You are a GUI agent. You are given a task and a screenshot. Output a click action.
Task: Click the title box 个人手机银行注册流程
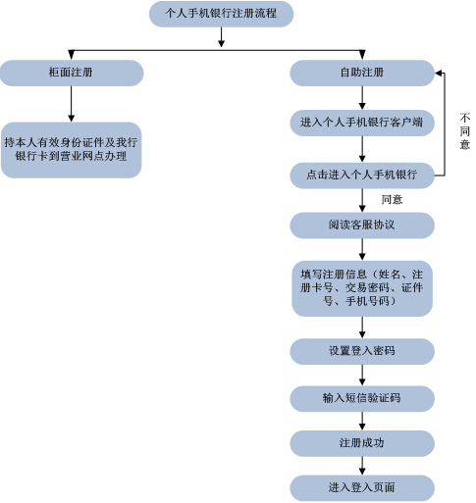point(221,14)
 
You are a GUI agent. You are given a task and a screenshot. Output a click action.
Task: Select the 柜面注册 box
point(72,73)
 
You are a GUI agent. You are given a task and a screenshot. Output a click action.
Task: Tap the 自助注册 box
point(362,73)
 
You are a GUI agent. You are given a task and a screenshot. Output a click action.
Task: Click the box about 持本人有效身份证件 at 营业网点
point(72,150)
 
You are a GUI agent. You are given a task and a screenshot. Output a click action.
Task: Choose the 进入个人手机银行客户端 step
point(362,123)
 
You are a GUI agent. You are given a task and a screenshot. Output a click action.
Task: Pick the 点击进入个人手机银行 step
point(362,176)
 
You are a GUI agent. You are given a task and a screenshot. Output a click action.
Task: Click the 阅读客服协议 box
point(362,226)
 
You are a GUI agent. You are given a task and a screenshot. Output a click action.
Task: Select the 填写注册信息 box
point(362,288)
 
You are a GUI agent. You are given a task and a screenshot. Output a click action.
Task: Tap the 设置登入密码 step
point(362,351)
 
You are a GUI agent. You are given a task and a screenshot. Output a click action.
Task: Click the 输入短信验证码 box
point(362,398)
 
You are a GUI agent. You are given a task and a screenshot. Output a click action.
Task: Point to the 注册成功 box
point(362,443)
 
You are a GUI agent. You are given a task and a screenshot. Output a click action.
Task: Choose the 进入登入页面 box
point(362,488)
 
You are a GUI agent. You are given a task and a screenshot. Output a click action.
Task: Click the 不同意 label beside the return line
point(465,130)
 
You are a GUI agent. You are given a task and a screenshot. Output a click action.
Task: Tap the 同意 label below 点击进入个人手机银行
point(392,199)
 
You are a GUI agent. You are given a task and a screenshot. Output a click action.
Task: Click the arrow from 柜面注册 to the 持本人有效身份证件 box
point(72,104)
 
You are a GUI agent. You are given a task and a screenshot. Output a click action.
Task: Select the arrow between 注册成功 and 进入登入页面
point(362,466)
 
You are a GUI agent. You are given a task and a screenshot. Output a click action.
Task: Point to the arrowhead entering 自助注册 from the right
point(439,73)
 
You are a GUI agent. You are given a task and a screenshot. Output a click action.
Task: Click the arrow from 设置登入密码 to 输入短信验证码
point(362,375)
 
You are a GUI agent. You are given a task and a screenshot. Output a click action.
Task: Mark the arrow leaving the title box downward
point(221,37)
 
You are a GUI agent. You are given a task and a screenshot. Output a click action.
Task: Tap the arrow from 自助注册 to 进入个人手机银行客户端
point(362,98)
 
